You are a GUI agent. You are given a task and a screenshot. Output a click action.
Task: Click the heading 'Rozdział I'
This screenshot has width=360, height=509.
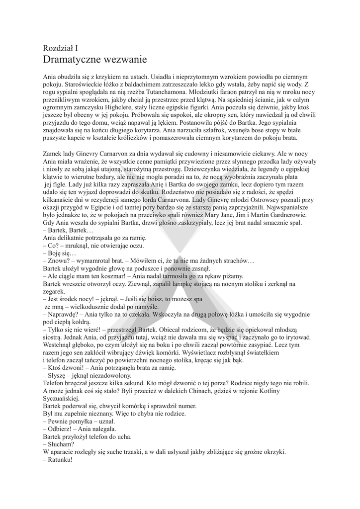tap(61, 48)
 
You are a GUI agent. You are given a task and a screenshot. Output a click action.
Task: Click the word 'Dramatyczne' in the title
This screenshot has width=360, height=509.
tap(73, 60)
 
